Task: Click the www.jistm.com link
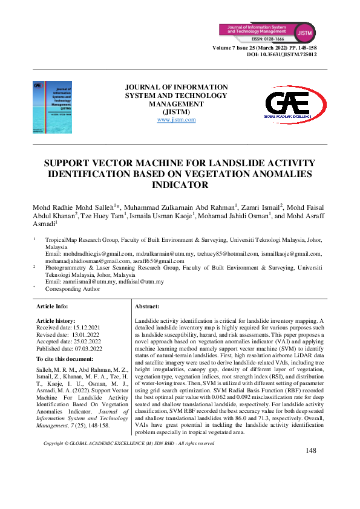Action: [x=176, y=120]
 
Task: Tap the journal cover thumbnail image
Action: [x=51, y=108]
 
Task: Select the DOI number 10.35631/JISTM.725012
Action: [x=294, y=54]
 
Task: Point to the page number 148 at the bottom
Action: [x=311, y=467]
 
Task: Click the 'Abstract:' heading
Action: [x=147, y=307]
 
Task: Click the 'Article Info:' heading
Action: [x=53, y=307]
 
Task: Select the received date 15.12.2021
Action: [x=85, y=327]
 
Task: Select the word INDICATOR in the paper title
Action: [x=180, y=185]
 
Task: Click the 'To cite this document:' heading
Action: [x=68, y=359]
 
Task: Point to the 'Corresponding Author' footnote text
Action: [x=73, y=289]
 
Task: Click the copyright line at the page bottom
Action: [x=129, y=461]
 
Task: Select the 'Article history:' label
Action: [x=56, y=320]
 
